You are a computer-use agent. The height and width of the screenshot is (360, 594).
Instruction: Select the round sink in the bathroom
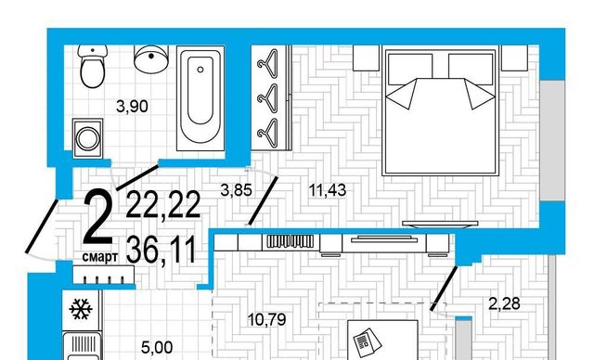click(151, 58)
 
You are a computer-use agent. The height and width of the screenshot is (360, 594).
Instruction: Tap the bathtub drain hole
click(200, 70)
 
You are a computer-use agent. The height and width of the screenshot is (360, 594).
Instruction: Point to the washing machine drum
click(87, 138)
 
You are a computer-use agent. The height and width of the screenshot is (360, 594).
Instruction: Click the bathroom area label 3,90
click(132, 107)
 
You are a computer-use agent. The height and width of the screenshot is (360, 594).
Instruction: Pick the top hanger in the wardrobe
click(268, 62)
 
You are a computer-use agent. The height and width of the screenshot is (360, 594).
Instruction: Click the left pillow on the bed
click(410, 70)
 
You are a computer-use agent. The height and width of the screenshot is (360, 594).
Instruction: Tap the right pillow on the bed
click(471, 70)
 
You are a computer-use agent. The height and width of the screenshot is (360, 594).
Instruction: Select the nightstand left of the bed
click(366, 58)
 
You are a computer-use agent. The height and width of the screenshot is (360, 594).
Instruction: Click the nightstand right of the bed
click(514, 58)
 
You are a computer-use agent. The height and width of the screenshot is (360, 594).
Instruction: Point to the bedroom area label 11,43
click(328, 190)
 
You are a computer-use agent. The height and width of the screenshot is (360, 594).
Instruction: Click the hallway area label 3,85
click(236, 190)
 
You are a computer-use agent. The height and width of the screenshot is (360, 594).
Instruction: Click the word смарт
click(99, 257)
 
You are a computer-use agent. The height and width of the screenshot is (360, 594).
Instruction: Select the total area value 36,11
click(161, 250)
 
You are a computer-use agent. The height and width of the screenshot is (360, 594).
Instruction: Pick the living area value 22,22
click(163, 205)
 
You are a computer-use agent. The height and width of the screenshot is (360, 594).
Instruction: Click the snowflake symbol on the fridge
click(81, 309)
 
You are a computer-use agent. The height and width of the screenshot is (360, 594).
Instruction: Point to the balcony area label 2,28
click(504, 303)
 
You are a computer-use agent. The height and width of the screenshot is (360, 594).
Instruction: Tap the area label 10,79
click(266, 320)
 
